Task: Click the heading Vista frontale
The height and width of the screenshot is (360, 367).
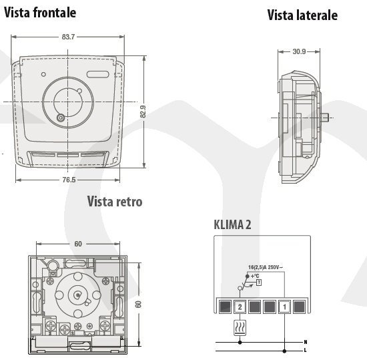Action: click(40, 13)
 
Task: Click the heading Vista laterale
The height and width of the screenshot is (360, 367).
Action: click(302, 15)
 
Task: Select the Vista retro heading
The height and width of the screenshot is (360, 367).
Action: click(115, 202)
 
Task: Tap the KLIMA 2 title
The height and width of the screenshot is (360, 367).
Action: click(232, 224)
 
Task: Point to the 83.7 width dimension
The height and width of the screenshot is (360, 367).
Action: click(68, 37)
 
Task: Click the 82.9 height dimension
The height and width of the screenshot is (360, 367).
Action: click(143, 112)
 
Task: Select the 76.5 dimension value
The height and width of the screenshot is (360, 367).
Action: click(69, 180)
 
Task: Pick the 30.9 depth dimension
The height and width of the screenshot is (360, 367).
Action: click(299, 51)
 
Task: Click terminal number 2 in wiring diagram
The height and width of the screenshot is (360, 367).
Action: click(240, 307)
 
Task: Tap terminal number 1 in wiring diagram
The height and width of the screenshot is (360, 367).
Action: click(285, 307)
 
